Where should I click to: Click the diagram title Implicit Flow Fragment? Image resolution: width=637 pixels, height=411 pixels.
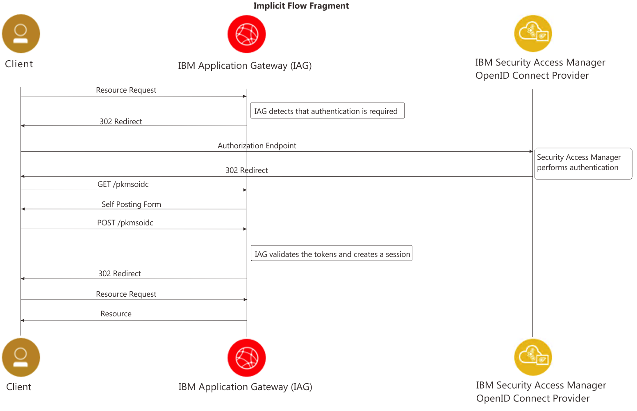[x=301, y=6]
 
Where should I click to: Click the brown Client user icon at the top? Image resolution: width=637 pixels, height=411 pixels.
[x=21, y=34]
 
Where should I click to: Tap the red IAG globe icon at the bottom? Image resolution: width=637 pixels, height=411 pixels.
[x=246, y=357]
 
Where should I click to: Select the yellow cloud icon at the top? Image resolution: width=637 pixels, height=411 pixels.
[x=533, y=34]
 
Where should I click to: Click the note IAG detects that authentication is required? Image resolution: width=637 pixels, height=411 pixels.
[x=327, y=111]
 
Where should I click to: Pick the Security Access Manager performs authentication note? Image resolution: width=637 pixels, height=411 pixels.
[x=582, y=163]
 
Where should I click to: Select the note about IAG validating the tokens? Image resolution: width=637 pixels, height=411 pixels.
[x=331, y=254]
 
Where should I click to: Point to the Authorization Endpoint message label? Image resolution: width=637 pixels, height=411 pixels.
[x=257, y=145]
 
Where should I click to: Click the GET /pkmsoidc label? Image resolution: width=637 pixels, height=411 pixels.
[x=123, y=184]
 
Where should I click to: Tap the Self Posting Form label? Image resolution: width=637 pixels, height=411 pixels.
[x=131, y=204]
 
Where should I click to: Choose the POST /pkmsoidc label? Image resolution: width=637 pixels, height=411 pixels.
[x=125, y=223]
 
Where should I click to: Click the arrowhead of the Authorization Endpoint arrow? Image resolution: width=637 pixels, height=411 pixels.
[x=531, y=152]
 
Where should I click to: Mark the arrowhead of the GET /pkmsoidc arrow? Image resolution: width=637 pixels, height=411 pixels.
[x=245, y=190]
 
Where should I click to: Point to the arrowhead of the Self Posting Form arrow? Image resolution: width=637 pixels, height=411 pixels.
[x=23, y=209]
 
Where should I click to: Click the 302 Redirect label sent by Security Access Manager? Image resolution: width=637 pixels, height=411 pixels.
[x=246, y=170]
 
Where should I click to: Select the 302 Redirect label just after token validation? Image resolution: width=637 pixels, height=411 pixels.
[x=119, y=273]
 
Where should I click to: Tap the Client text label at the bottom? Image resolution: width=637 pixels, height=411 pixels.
[x=18, y=386]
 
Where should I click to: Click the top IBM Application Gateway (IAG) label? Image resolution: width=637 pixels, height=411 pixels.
[x=245, y=66]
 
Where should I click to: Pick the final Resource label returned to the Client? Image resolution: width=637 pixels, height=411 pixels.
[x=116, y=313]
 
